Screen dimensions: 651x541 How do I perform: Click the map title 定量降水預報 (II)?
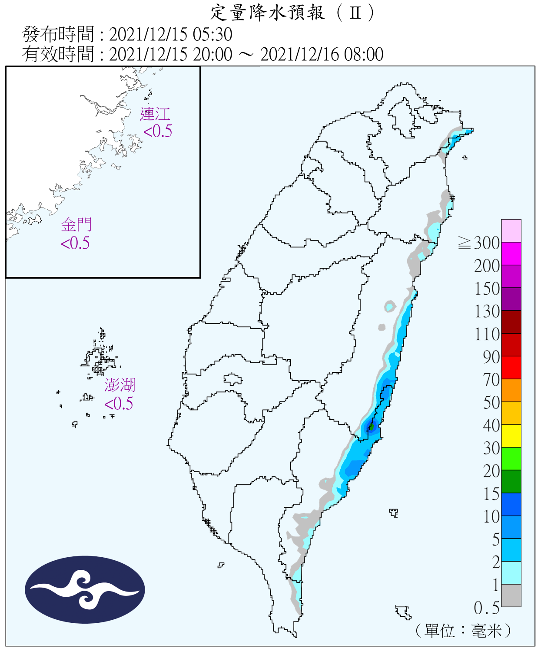click(x=292, y=13)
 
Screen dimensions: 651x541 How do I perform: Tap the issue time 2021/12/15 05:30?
click(x=170, y=34)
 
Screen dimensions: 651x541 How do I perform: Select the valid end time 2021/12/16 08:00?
click(x=322, y=55)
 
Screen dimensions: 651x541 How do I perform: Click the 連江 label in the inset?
click(x=155, y=114)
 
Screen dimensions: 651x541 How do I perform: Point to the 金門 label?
click(x=76, y=225)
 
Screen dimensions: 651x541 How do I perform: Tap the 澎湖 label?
click(x=120, y=385)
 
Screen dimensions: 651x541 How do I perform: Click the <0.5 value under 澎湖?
click(x=119, y=404)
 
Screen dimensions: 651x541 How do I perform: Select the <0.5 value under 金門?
click(x=75, y=243)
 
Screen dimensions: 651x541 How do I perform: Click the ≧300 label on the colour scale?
click(x=479, y=243)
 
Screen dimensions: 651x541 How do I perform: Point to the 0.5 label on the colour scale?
click(x=487, y=608)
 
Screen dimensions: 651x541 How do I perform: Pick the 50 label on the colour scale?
click(x=491, y=402)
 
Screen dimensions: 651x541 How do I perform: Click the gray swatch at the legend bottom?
click(x=511, y=595)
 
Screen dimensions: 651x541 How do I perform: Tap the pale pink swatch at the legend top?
click(x=511, y=230)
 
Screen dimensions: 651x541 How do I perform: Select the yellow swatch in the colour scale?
click(x=511, y=436)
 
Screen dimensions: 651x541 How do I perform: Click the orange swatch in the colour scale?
click(x=511, y=390)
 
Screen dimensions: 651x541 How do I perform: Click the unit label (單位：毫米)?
click(x=463, y=631)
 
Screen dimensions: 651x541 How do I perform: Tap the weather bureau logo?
click(x=85, y=589)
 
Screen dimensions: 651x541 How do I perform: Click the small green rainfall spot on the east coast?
click(x=371, y=427)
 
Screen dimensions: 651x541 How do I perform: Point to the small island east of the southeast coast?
click(x=394, y=513)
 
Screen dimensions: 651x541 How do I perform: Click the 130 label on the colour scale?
click(x=487, y=311)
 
